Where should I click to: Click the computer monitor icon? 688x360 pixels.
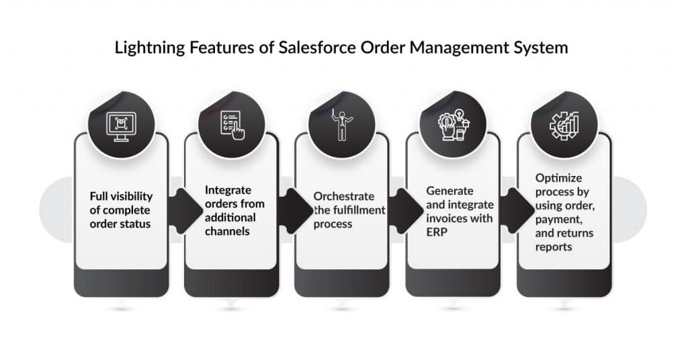pyautogui.click(x=122, y=124)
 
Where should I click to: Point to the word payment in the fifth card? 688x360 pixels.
pyautogui.click(x=556, y=220)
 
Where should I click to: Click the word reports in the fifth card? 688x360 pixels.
pyautogui.click(x=554, y=247)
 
